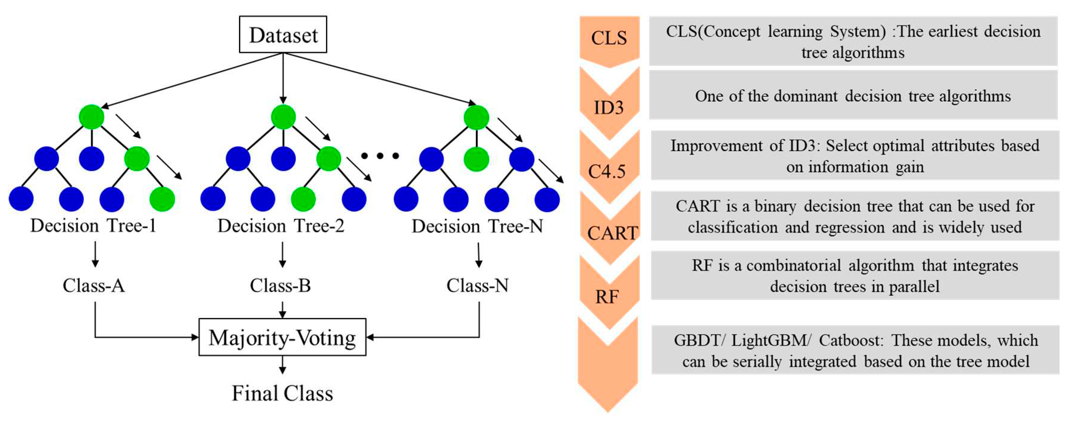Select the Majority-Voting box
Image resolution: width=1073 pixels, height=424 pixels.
[x=282, y=337]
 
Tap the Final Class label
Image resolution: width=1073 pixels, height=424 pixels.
[x=282, y=393]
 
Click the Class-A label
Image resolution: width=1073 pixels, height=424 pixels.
[x=94, y=286]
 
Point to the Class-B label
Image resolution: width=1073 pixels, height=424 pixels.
[x=280, y=286]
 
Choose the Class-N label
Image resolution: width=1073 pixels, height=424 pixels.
[x=477, y=286]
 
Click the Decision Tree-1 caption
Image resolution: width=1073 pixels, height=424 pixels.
[x=93, y=226]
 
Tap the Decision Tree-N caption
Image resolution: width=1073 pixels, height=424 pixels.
[x=477, y=226]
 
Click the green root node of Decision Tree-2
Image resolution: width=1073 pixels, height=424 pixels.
[x=283, y=117]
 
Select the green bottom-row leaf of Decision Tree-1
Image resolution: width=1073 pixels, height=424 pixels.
[x=162, y=199]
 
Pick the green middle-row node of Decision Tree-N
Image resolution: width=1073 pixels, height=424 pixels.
[x=476, y=159]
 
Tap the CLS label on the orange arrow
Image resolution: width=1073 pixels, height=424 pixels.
[x=608, y=38]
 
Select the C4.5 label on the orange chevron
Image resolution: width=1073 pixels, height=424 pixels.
[x=607, y=171]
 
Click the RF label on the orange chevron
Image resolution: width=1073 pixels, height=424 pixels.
[x=607, y=297]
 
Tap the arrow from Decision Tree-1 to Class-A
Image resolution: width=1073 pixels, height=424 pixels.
[x=95, y=254]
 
